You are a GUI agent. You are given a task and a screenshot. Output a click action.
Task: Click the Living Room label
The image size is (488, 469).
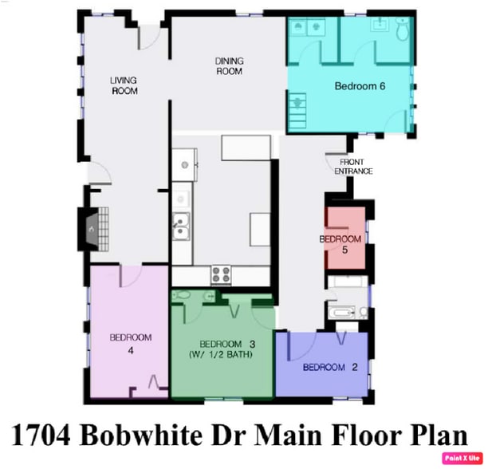tap(124, 85)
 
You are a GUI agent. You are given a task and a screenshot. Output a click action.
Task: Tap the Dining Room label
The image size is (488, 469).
tap(228, 66)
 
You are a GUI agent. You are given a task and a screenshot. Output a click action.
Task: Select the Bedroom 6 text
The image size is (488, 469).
tap(360, 86)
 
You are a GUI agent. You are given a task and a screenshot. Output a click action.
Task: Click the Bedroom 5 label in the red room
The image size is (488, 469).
tap(340, 244)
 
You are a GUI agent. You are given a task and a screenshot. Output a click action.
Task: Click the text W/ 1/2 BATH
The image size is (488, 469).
tap(221, 354)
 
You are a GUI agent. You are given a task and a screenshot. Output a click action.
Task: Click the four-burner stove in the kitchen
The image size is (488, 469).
tap(221, 275)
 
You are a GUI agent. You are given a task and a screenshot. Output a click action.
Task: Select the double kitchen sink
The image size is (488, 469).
tap(182, 227)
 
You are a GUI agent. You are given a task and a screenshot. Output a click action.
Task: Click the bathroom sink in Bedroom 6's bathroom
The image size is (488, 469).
tap(379, 26)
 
